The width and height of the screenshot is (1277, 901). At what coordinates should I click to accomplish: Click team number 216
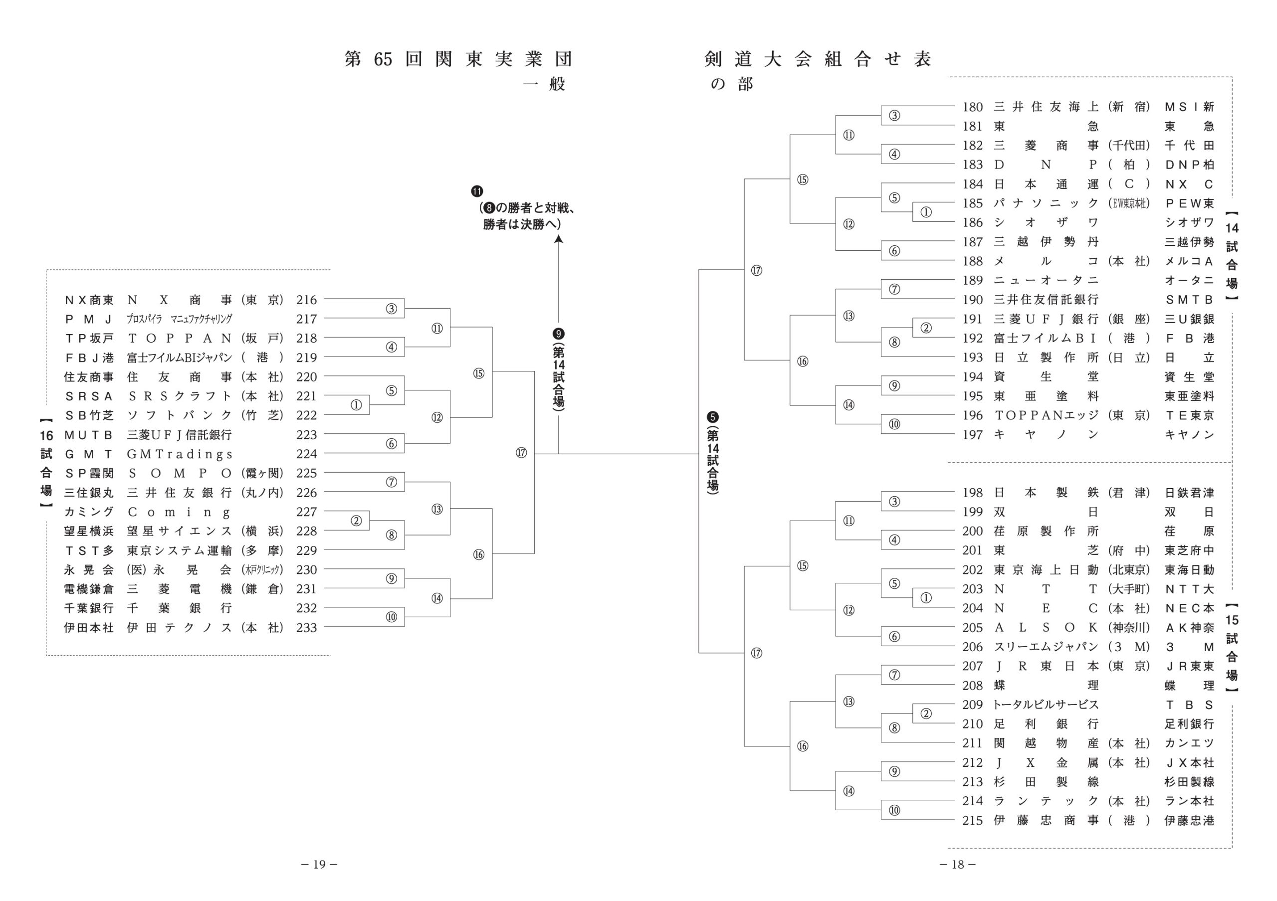pyautogui.click(x=306, y=300)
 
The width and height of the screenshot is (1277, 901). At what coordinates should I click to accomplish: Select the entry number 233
pyautogui.click(x=306, y=628)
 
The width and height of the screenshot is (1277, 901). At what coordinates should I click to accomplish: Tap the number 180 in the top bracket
pyautogui.click(x=973, y=107)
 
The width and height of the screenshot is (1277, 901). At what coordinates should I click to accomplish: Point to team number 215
pyautogui.click(x=973, y=820)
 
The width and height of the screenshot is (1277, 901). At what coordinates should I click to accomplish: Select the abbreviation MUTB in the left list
pyautogui.click(x=88, y=435)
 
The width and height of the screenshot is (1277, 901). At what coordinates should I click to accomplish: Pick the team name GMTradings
pyautogui.click(x=180, y=454)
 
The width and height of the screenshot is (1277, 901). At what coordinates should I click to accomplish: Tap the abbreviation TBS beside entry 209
pyautogui.click(x=1189, y=705)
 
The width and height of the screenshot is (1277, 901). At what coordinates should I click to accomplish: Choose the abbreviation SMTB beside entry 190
pyautogui.click(x=1189, y=300)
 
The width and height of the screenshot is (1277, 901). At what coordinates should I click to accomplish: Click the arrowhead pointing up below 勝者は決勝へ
pyautogui.click(x=558, y=239)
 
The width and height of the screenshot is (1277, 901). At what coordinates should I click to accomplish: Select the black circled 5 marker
pyautogui.click(x=712, y=417)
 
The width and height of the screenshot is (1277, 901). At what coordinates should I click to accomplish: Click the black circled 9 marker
pyautogui.click(x=558, y=334)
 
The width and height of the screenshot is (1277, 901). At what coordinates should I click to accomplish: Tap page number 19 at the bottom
pyautogui.click(x=319, y=864)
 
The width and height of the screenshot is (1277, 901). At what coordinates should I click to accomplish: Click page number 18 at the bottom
pyautogui.click(x=957, y=864)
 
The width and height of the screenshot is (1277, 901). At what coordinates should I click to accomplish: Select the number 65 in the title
pyautogui.click(x=383, y=59)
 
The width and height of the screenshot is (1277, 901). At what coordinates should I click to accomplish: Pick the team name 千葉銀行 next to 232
pyautogui.click(x=179, y=608)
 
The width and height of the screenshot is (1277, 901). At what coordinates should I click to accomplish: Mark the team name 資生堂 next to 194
pyautogui.click(x=1046, y=377)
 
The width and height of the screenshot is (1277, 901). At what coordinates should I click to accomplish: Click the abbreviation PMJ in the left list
pyautogui.click(x=88, y=319)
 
